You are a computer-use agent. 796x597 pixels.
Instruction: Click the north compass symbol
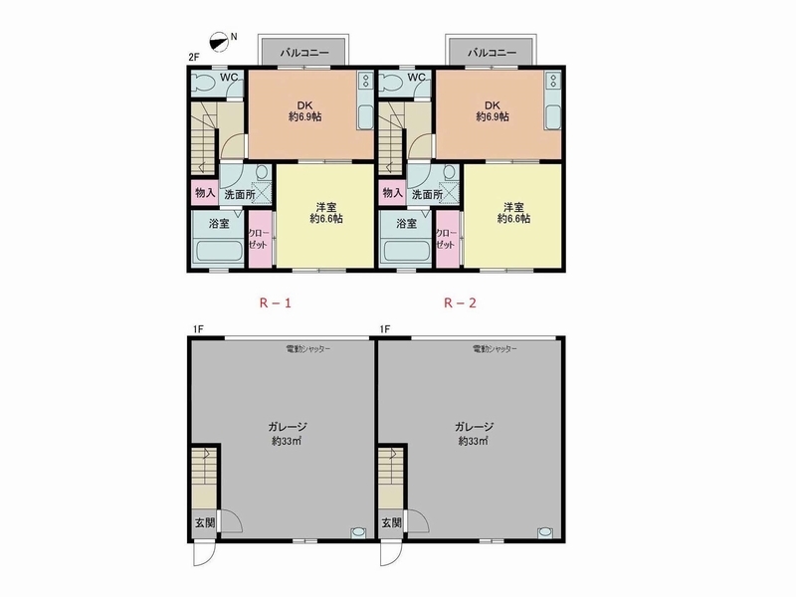pyautogui.click(x=219, y=42)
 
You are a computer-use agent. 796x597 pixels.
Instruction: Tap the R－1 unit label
pyautogui.click(x=276, y=303)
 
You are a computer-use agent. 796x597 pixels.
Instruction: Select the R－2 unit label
pyautogui.click(x=461, y=303)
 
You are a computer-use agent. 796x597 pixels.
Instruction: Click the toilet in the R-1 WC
pyautogui.click(x=205, y=83)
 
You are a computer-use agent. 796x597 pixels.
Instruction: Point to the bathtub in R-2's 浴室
pyautogui.click(x=407, y=252)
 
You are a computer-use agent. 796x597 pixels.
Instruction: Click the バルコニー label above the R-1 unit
pyautogui.click(x=304, y=53)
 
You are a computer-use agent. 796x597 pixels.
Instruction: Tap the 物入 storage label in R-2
pyautogui.click(x=392, y=193)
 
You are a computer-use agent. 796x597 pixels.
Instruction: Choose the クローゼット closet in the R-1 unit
pyautogui.click(x=260, y=239)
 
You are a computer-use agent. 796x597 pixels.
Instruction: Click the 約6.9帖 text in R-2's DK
pyautogui.click(x=492, y=116)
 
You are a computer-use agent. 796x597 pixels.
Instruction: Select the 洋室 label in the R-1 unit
pyautogui.click(x=326, y=207)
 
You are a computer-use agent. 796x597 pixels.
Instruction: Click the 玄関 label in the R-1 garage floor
pyautogui.click(x=205, y=522)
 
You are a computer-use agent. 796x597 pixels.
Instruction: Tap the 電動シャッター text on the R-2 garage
pyautogui.click(x=495, y=349)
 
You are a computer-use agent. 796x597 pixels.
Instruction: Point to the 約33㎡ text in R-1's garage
pyautogui.click(x=287, y=441)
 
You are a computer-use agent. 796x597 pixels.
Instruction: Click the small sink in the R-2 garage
pyautogui.click(x=545, y=532)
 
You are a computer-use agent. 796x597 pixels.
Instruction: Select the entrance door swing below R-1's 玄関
pyautogui.click(x=205, y=554)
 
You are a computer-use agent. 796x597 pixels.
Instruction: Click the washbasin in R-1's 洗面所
pyautogui.click(x=262, y=172)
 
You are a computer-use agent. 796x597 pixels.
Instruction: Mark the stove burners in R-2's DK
pyautogui.click(x=553, y=81)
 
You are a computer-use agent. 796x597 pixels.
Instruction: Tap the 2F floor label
pyautogui.click(x=193, y=58)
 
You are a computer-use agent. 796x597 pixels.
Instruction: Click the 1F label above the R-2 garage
pyautogui.click(x=385, y=329)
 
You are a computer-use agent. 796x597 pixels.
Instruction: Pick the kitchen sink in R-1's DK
pyautogui.click(x=365, y=117)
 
